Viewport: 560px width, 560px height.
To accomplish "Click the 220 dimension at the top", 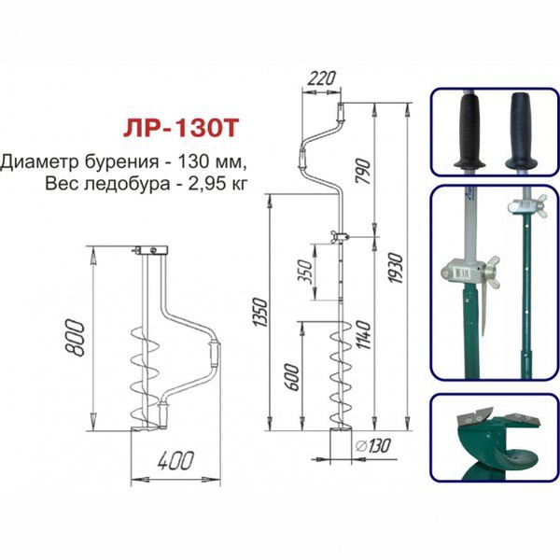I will coord(320,78).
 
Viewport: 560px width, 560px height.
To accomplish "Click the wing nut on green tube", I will coord(516,207).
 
